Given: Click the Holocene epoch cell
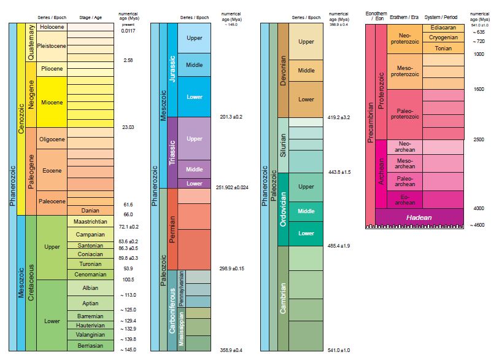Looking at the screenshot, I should [x=51, y=28].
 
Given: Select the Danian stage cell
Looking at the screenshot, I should [x=90, y=211].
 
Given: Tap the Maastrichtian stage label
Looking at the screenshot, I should [x=90, y=222].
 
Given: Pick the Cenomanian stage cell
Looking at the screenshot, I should [x=90, y=274].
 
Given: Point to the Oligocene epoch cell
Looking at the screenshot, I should [x=51, y=139].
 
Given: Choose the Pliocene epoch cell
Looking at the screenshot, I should [x=51, y=69].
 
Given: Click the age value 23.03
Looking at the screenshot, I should [x=128, y=127].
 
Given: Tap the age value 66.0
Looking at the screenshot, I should [x=128, y=214].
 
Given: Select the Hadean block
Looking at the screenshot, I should [x=419, y=217].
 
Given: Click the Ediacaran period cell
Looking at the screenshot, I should [x=443, y=28].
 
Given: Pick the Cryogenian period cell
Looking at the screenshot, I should [x=443, y=37].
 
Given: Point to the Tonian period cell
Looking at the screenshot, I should [x=443, y=48].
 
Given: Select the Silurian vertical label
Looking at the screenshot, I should [x=283, y=145].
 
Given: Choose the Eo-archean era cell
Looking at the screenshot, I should [x=404, y=199].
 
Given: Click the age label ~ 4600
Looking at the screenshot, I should [x=477, y=225].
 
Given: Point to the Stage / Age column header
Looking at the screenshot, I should [x=90, y=17].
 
